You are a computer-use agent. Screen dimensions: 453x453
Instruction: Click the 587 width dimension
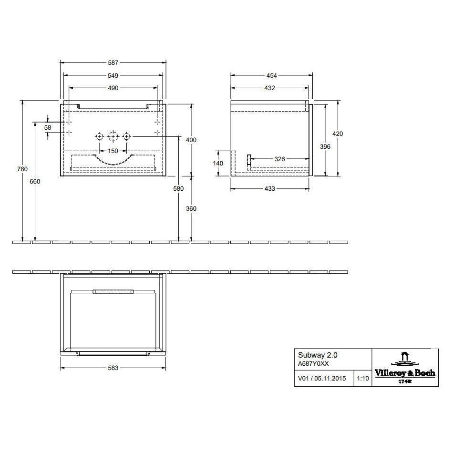(x=113, y=62)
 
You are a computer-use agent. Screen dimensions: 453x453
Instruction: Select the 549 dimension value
(x=113, y=75)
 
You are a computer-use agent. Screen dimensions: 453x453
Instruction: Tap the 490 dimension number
(x=113, y=88)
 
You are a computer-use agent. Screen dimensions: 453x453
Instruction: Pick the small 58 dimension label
(x=48, y=128)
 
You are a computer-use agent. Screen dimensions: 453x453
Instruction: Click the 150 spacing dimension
(x=113, y=151)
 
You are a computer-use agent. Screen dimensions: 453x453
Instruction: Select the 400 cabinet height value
(x=191, y=140)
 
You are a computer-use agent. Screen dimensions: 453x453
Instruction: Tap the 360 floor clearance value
(x=191, y=208)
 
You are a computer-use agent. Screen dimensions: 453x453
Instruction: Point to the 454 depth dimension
(x=271, y=75)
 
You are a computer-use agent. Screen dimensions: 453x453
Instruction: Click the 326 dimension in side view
(x=279, y=159)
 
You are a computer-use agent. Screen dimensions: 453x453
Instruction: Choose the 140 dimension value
(x=218, y=163)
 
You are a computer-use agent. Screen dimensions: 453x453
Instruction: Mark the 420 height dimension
(x=338, y=134)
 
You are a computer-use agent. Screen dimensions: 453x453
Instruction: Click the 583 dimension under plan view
(x=113, y=368)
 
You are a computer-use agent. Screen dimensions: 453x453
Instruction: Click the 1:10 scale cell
(x=362, y=379)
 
